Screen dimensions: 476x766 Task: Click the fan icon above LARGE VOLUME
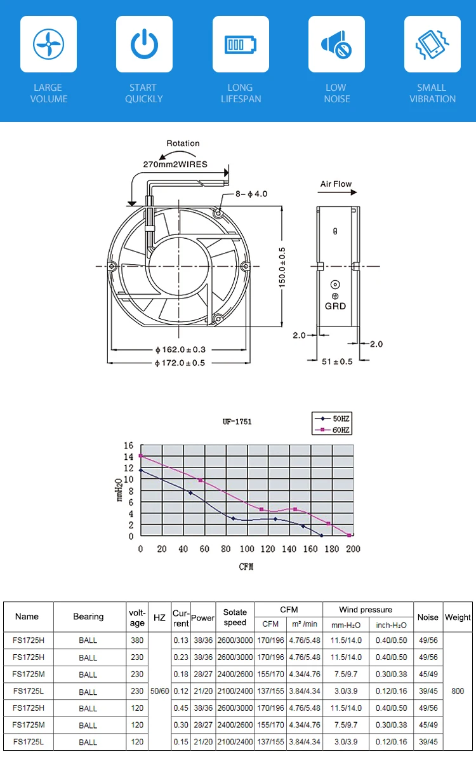[x=48, y=44]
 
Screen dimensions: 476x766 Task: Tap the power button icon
[x=144, y=44]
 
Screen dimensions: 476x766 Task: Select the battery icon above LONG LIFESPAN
[x=241, y=44]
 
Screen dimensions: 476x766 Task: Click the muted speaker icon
[x=336, y=44]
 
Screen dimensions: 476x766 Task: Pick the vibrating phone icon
[x=432, y=44]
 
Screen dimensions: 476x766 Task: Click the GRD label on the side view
[x=335, y=306]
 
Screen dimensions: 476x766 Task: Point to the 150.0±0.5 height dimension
[x=282, y=268]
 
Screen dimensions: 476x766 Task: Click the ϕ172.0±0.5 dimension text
[x=180, y=363]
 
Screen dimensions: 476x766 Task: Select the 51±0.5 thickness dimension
[x=337, y=361]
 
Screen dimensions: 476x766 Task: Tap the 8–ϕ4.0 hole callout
[x=251, y=194]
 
